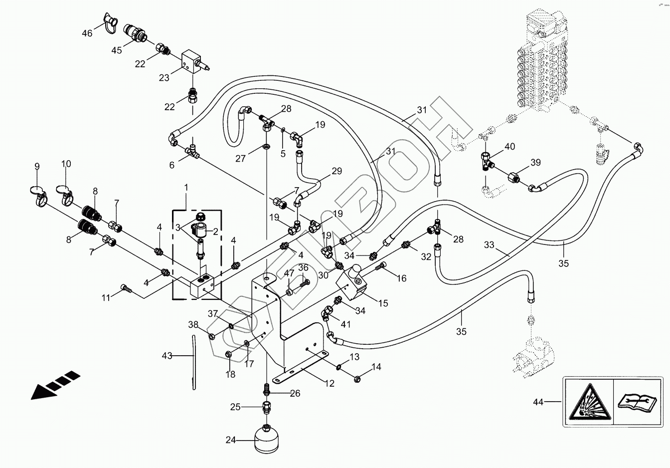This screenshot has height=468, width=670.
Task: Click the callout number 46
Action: coord(87,33)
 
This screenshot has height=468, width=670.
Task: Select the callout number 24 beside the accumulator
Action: coord(231,440)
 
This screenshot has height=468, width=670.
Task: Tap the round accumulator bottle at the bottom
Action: coord(266,440)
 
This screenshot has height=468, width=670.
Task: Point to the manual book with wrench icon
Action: coord(637,401)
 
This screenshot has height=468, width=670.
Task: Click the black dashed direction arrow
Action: coord(56,385)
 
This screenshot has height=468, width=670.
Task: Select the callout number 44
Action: coord(538,402)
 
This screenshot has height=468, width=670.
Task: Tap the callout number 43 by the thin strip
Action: coord(167,356)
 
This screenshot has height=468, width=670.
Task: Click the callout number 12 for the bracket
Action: coord(330,384)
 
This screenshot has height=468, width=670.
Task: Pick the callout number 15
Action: coord(383,303)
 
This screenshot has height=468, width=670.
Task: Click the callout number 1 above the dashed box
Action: coord(186,188)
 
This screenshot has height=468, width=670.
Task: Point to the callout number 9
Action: coord(37,167)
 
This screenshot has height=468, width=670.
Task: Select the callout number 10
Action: coord(66,164)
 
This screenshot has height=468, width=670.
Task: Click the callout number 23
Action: coord(164,78)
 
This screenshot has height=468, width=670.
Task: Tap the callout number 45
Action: coord(117,50)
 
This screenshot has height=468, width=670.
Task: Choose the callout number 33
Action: coord(489,245)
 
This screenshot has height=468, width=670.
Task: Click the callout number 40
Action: coord(509,146)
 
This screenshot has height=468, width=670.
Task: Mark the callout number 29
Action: coord(337,171)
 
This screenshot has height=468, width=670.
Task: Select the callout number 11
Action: coord(106,298)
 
